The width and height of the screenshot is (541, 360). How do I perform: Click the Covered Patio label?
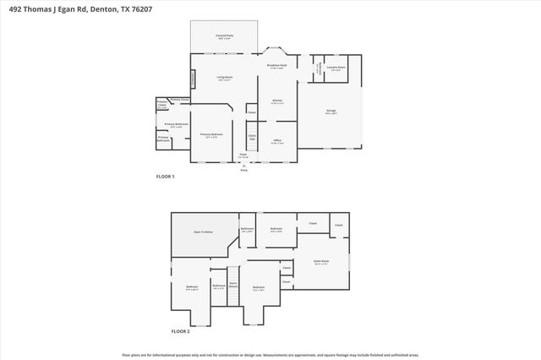coord(224,35)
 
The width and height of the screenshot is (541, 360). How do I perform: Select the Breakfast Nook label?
coord(276,66)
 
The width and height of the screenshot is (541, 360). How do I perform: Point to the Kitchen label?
coord(276,101)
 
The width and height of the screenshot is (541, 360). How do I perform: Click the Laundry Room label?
coord(336,69)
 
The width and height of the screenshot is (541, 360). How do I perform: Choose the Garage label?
coord(331,111)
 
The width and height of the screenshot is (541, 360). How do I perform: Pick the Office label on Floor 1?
coord(276,141)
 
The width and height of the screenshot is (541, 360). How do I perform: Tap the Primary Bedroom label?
coord(211,135)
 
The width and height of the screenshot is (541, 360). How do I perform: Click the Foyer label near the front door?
coord(243,155)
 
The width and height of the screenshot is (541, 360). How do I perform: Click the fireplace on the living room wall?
coord(192,78)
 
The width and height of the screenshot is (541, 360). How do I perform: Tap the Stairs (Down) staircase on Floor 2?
coord(234,285)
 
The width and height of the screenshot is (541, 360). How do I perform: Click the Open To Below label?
coord(203,232)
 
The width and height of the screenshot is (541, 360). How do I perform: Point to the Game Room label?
coord(321,262)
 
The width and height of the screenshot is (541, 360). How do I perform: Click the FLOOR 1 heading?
coord(166,177)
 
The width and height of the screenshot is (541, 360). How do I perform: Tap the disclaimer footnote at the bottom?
coord(270,355)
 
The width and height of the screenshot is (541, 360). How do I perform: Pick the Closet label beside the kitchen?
coord(252,112)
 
